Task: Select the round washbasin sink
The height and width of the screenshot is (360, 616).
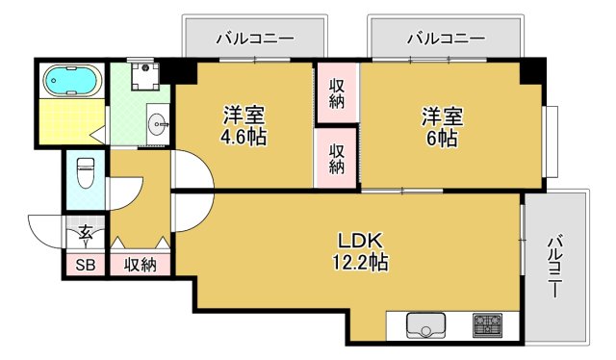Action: point(157,123)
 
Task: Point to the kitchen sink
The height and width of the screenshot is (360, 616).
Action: point(425,325)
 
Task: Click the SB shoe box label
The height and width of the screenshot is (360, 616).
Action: point(83,265)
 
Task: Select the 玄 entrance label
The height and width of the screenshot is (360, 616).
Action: point(85,232)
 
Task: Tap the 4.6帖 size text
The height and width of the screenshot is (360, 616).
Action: point(244,137)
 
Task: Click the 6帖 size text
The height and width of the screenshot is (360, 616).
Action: point(442,137)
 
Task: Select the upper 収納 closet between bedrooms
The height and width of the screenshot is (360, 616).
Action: point(337,91)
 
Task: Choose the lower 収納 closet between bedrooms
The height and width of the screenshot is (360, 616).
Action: point(337,157)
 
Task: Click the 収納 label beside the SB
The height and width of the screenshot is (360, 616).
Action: point(141,265)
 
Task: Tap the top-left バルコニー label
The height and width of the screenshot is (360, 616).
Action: point(254,39)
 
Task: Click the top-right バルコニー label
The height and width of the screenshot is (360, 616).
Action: point(446,39)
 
